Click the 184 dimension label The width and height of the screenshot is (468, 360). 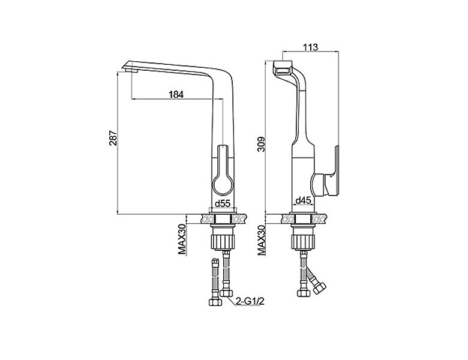(x=176, y=94)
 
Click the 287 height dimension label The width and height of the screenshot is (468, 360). (x=113, y=138)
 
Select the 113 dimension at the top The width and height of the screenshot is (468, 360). (x=311, y=47)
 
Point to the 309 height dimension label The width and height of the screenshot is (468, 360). (x=261, y=144)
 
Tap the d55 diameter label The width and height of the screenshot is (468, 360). (x=223, y=203)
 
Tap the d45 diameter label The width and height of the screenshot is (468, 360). (x=303, y=201)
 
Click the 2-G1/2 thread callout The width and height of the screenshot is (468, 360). (x=250, y=301)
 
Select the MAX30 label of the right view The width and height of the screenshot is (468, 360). (x=262, y=240)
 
